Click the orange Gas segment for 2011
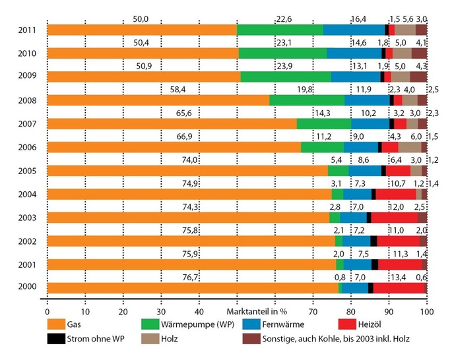[x=142, y=30]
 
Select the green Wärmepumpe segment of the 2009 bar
[x=286, y=76]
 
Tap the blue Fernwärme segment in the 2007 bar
[x=370, y=123]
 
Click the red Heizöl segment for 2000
[x=399, y=288]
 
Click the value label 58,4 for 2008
[x=177, y=90]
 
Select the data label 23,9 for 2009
[x=284, y=66]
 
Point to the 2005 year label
[x=28, y=170]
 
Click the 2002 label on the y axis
[x=28, y=241]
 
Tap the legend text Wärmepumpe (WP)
[x=197, y=324]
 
